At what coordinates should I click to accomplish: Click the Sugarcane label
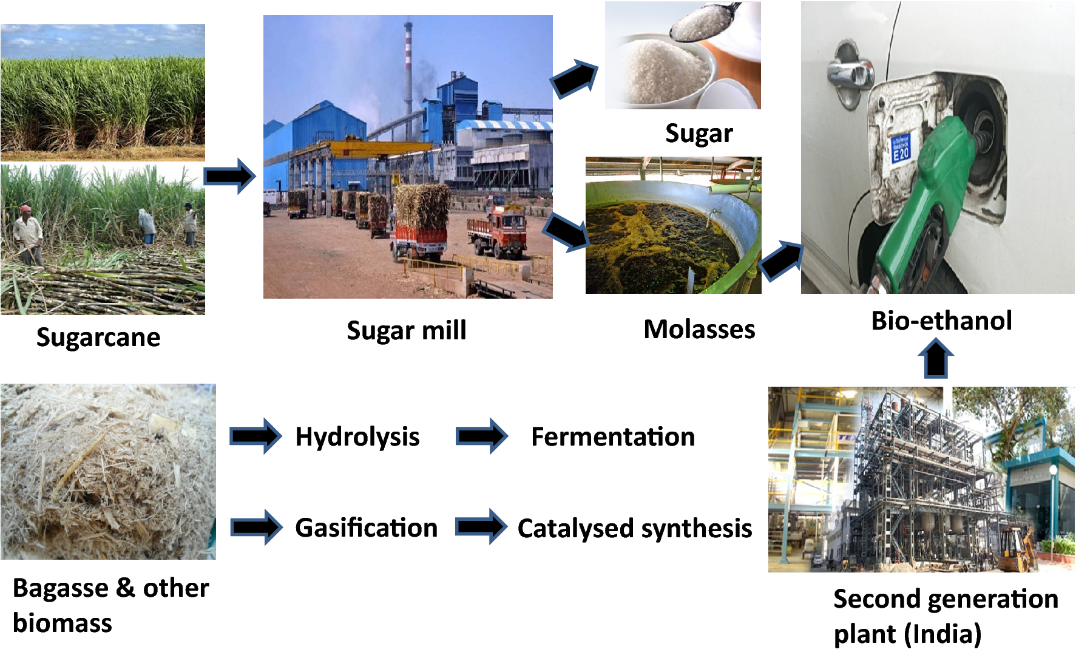98,338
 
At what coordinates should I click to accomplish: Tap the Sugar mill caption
407,331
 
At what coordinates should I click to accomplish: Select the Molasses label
699,330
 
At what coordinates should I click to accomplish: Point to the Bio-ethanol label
941,321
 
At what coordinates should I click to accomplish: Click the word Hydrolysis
357,437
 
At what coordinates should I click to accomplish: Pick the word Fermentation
613,437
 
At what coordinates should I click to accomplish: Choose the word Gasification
366,528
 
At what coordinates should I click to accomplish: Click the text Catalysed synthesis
635,529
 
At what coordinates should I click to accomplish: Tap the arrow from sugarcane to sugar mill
229,177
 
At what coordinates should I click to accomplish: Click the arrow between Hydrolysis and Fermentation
482,436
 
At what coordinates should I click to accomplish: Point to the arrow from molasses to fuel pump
781,260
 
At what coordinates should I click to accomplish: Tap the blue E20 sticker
900,149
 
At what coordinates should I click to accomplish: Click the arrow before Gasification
256,527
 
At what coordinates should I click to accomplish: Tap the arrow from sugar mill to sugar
575,78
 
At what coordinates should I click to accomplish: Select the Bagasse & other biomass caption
110,605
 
